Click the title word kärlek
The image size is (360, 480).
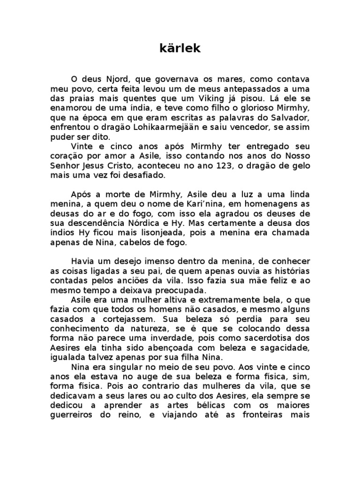[180, 49]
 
